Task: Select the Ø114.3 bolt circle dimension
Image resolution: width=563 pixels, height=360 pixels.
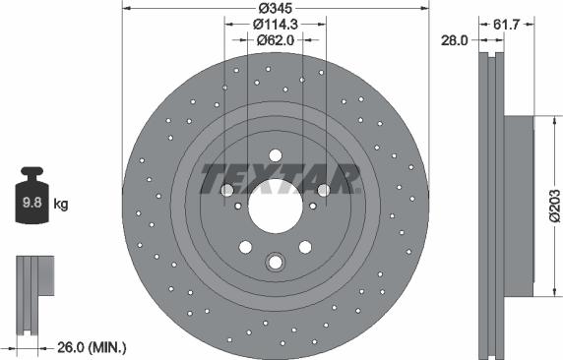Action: point(276,24)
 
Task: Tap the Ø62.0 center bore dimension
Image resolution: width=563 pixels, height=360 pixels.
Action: point(276,40)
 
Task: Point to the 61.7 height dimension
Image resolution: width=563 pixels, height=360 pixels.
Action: point(506,25)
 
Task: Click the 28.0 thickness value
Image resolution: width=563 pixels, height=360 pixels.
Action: point(454,40)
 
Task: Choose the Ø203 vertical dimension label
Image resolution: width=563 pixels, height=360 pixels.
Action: point(555,207)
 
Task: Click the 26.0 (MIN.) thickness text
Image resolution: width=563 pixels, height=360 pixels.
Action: point(92,347)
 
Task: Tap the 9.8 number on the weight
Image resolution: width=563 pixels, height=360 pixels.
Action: point(32,203)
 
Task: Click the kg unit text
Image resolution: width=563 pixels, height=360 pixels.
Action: point(61,205)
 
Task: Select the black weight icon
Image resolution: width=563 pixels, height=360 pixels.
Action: point(31,196)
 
